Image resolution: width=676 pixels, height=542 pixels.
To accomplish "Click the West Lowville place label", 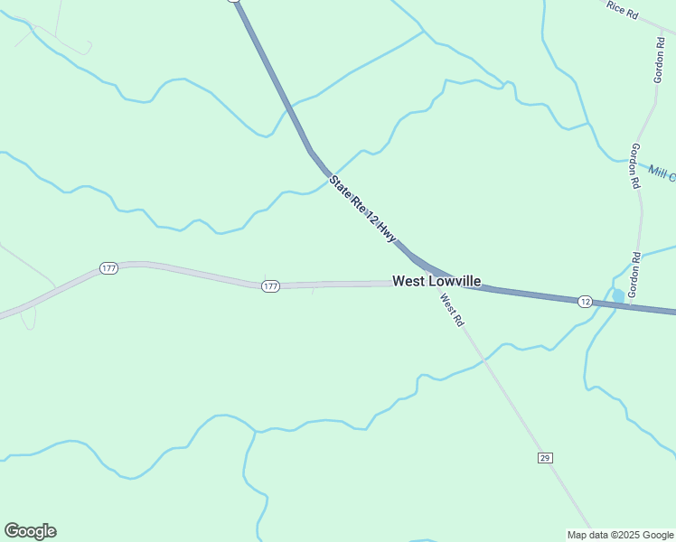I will click(x=437, y=281).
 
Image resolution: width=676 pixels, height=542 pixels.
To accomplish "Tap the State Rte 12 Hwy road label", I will click(x=362, y=209).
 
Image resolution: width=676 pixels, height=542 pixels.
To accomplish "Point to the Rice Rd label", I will click(x=623, y=9).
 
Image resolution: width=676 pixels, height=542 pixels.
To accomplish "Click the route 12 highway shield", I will click(x=585, y=301).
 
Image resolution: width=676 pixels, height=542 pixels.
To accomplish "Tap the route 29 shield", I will click(x=544, y=458).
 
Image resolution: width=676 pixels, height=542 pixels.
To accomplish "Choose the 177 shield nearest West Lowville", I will click(x=270, y=285).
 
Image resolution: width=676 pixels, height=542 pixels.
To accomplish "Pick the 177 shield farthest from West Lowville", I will click(x=108, y=268).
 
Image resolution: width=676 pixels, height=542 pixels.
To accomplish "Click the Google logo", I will click(x=30, y=531).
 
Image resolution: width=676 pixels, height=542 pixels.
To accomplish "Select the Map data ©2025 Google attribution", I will click(x=621, y=535).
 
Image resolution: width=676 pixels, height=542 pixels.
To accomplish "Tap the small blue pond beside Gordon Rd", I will click(x=618, y=295).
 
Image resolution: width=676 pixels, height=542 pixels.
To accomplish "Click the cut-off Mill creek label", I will click(x=662, y=172).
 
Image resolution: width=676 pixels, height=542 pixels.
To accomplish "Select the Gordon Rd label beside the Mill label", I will click(x=635, y=165).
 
